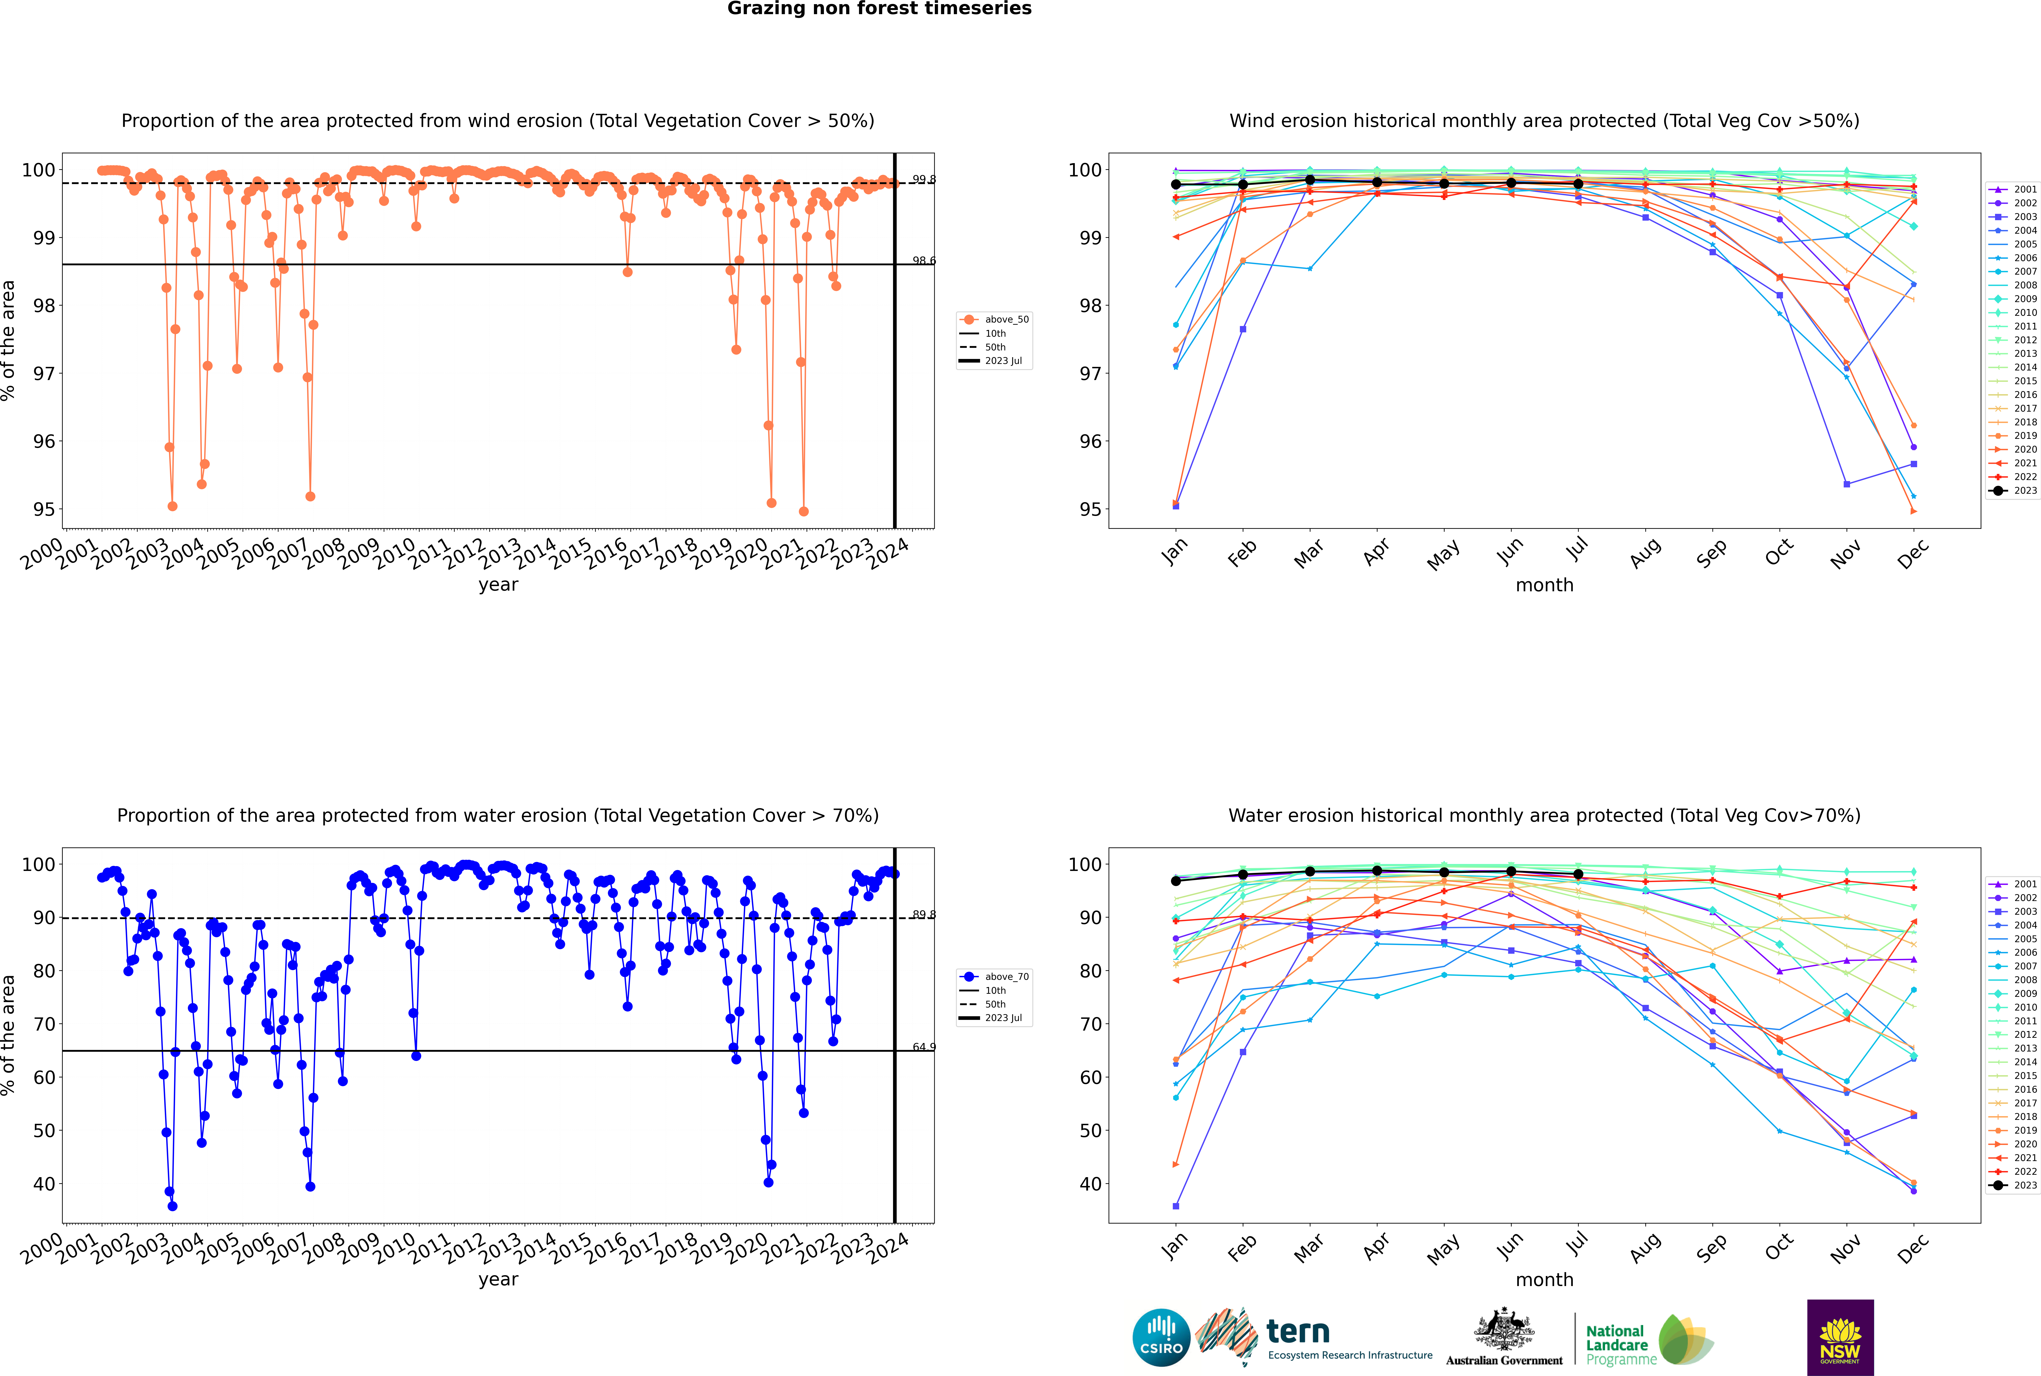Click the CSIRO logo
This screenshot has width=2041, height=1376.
coord(1161,1337)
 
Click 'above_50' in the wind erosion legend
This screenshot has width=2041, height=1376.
coord(1006,319)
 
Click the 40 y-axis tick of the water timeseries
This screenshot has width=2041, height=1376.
coord(44,1184)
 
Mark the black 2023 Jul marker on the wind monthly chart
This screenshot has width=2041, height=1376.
coord(1578,184)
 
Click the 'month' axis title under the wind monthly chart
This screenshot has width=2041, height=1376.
coord(1544,585)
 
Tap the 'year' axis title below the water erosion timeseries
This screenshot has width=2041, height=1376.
coord(498,1280)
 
